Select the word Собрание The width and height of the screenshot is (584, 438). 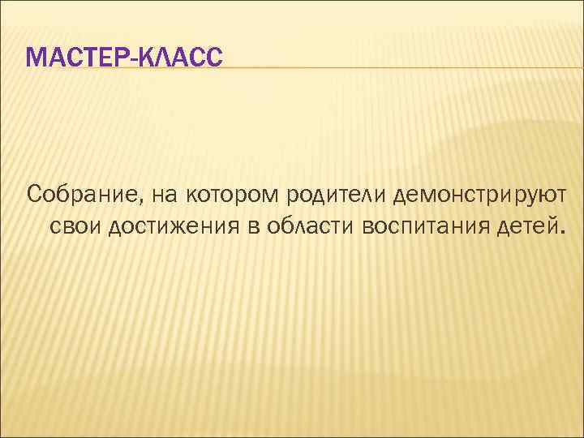click(73, 195)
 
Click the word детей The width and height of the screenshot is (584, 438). click(520, 225)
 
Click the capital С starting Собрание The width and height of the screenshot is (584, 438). click(34, 195)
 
